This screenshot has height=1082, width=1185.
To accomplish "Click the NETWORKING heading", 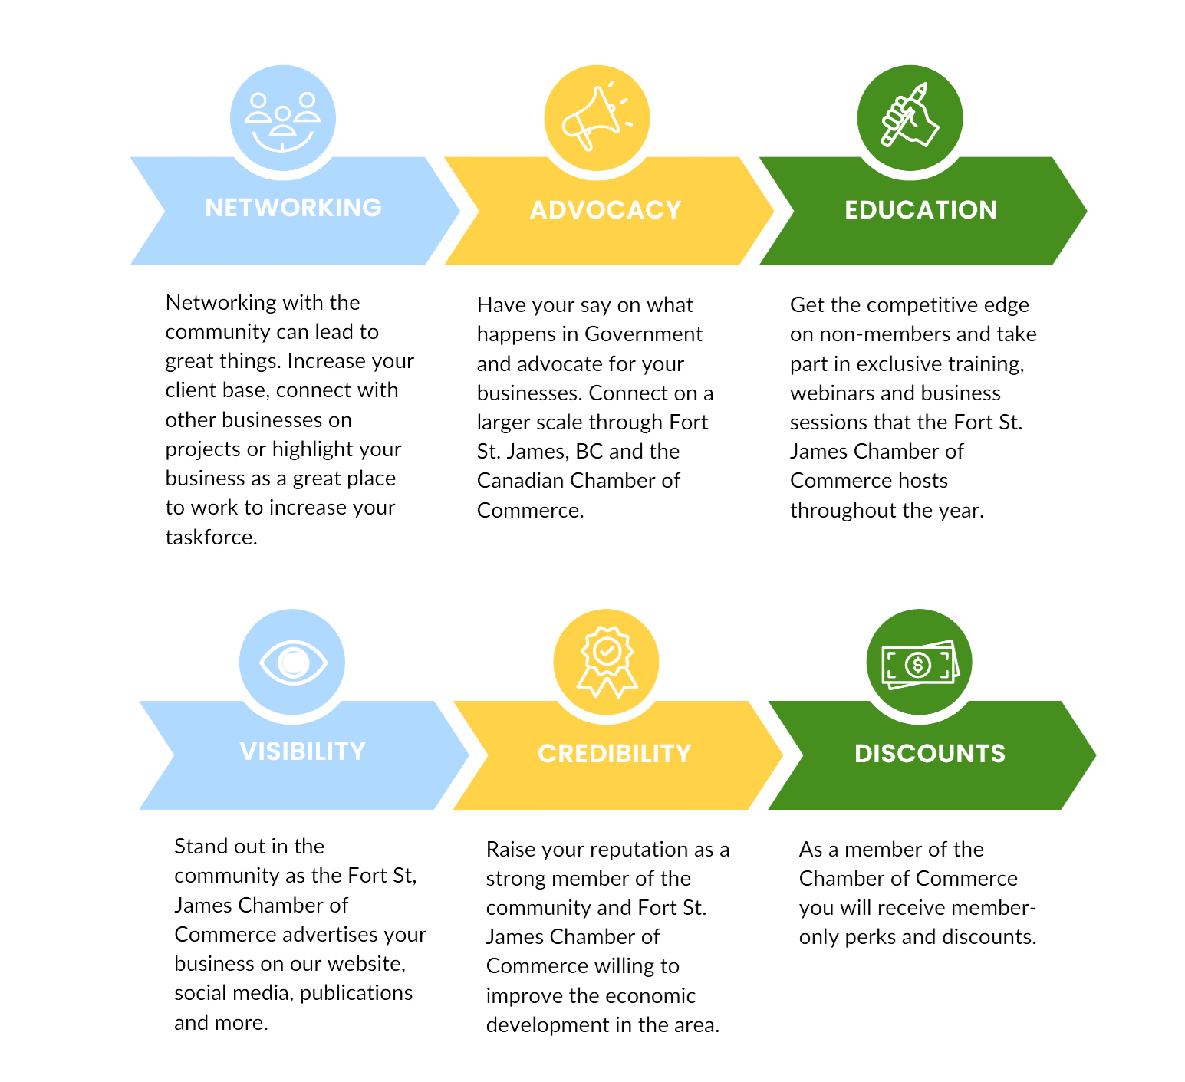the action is (x=294, y=207).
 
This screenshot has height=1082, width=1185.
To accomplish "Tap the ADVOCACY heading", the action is (x=607, y=210).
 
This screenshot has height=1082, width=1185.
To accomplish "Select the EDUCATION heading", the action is (x=921, y=210).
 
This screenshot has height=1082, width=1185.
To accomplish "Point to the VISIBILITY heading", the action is (x=303, y=751).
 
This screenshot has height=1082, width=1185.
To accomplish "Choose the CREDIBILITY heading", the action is (x=615, y=753).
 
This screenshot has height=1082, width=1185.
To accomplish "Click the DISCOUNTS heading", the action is (x=930, y=753).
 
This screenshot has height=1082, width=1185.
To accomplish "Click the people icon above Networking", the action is (x=283, y=118).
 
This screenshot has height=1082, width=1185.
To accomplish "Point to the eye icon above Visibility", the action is (x=293, y=661).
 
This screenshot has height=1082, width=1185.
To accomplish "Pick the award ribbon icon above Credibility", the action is (x=607, y=662).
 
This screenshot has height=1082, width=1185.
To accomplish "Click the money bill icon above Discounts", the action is (x=919, y=663).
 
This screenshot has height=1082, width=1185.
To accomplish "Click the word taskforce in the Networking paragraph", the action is (x=210, y=537).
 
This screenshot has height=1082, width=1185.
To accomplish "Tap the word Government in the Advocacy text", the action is (x=644, y=334).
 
